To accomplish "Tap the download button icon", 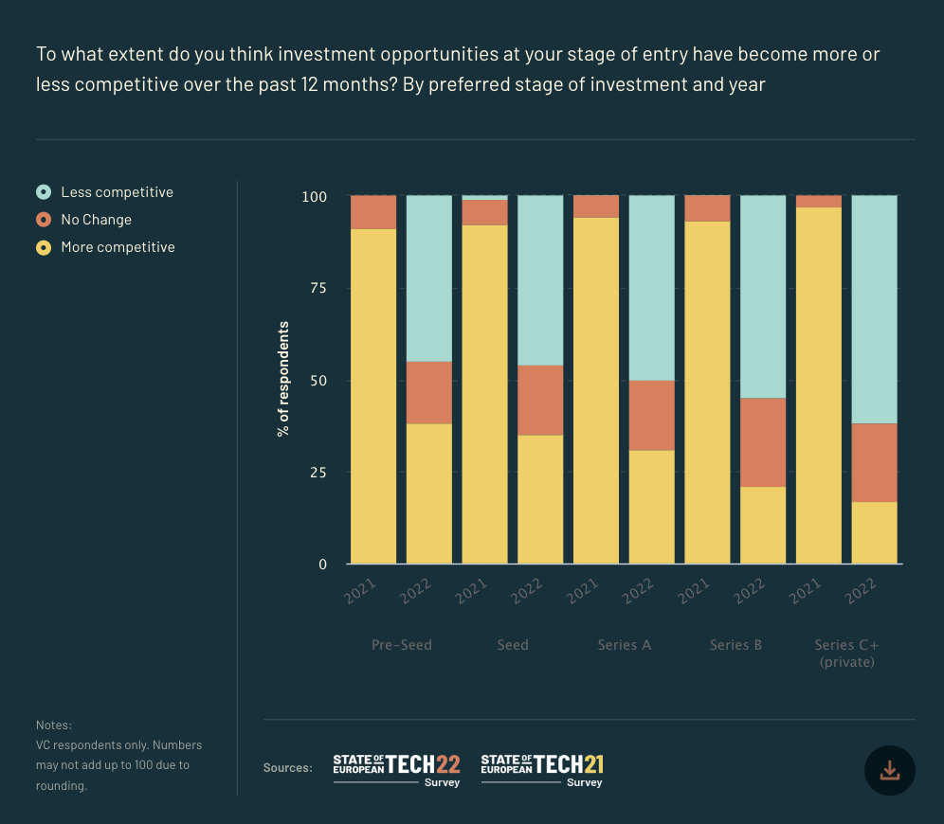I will point(889,770).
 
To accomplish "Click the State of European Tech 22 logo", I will point(396,769).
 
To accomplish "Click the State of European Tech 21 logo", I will point(542,769).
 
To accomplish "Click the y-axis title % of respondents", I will point(283,379).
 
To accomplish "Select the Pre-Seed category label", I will point(401,645).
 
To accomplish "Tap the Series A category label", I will point(624,645).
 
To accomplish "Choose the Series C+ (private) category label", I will point(846,654).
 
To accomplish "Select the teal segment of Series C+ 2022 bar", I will point(874,309).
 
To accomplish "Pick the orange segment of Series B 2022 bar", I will point(763,442).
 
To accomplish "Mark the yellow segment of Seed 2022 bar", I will point(540,499).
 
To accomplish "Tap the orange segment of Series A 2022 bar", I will point(652,415).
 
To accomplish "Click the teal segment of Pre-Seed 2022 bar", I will point(429,278).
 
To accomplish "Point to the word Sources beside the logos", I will point(287,768).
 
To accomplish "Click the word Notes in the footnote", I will point(53,725).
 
